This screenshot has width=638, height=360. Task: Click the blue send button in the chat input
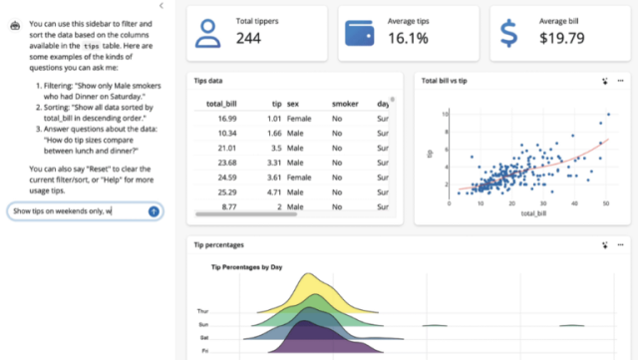(154, 211)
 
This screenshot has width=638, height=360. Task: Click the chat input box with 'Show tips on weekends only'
(75, 211)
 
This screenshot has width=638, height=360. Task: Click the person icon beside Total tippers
(207, 33)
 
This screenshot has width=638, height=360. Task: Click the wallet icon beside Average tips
(359, 33)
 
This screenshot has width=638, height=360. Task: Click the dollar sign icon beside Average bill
(509, 33)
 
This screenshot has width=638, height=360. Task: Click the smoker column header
(345, 104)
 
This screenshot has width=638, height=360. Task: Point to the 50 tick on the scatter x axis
(605, 204)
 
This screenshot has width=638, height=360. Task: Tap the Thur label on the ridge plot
(203, 311)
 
